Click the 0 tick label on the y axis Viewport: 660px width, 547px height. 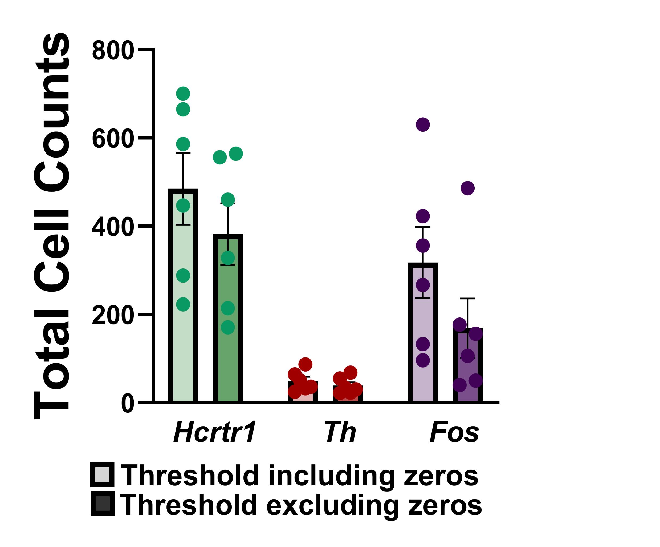click(128, 404)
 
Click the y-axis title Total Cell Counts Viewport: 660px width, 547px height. click(52, 226)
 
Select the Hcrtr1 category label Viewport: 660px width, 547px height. click(215, 432)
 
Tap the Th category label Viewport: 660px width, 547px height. click(340, 432)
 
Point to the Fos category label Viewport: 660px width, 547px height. click(454, 432)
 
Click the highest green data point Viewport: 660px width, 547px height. click(183, 94)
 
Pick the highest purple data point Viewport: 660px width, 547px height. click(423, 124)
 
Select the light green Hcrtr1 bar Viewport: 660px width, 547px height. click(183, 315)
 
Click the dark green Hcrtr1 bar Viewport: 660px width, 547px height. click(228, 346)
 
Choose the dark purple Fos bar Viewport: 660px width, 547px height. click(467, 371)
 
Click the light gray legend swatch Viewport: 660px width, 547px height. click(102, 475)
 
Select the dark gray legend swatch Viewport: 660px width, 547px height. click(103, 504)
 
